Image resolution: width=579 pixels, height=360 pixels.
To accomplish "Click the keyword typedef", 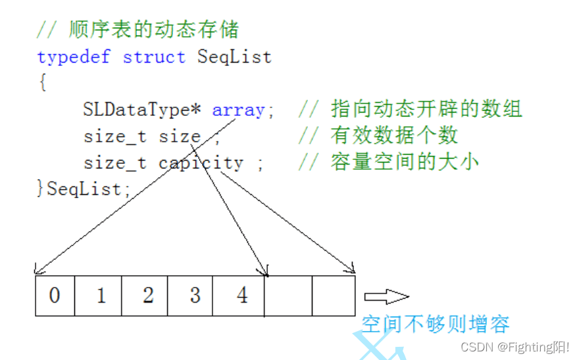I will click(x=74, y=57).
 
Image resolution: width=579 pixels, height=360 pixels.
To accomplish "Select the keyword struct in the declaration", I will click(x=154, y=57).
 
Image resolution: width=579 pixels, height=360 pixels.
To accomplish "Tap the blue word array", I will click(x=238, y=110).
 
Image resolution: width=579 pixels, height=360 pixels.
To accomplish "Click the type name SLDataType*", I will click(x=141, y=110).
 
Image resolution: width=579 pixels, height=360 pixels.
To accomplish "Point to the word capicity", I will click(x=201, y=163).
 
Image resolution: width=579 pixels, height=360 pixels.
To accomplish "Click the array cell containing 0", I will click(x=55, y=296).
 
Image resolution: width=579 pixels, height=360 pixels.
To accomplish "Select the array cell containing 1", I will click(x=101, y=296).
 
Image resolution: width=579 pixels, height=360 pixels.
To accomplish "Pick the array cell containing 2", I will click(x=147, y=296).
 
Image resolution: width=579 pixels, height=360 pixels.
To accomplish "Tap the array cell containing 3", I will click(x=194, y=296).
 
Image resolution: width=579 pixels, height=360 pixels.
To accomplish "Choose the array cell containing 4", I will click(x=241, y=296).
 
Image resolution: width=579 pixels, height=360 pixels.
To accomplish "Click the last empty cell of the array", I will click(x=334, y=296).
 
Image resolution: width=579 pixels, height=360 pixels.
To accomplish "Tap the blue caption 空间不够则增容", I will click(x=436, y=324).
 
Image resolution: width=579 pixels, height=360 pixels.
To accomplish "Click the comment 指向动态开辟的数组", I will click(x=426, y=109).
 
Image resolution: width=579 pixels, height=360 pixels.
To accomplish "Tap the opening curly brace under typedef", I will click(x=42, y=83).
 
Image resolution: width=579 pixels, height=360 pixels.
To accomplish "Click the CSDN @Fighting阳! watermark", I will click(x=515, y=347).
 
